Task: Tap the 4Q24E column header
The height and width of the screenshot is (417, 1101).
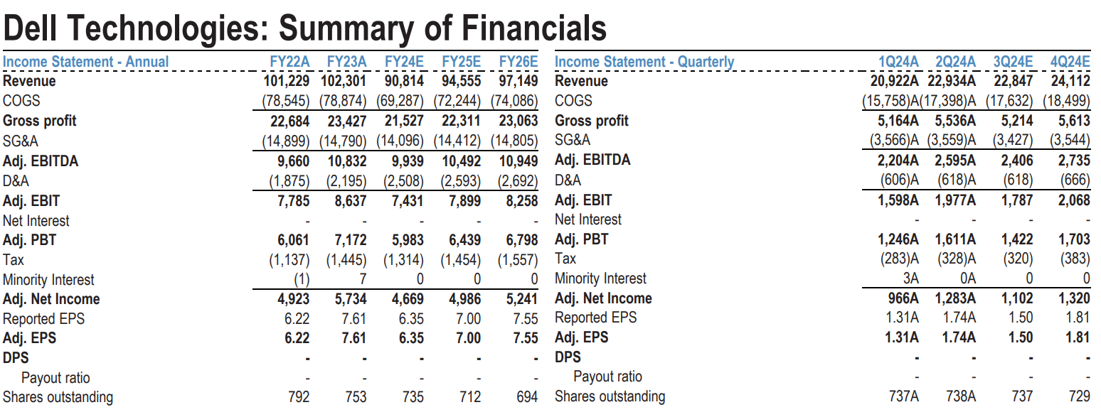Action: click(1070, 62)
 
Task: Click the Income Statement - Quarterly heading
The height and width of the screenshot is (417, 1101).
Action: click(644, 62)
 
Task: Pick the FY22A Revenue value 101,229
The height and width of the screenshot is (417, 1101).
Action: click(287, 81)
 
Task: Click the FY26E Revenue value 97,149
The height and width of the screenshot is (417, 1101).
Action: click(516, 81)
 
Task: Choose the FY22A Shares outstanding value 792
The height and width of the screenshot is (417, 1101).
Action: click(299, 397)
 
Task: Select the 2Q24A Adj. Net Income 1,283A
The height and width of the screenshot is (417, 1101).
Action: click(955, 299)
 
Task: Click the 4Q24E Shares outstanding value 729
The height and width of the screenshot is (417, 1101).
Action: click(1079, 396)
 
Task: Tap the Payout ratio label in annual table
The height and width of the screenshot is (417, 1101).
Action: click(55, 378)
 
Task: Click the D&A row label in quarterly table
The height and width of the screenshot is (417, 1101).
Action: click(568, 180)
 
